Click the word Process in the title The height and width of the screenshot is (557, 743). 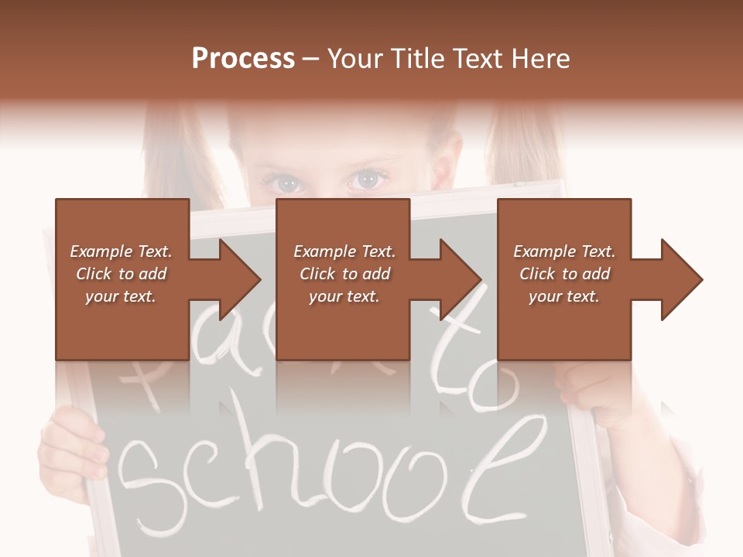[x=243, y=59]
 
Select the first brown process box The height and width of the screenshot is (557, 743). [x=122, y=279]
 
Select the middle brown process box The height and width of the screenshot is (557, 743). [x=343, y=279]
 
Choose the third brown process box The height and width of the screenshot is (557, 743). [x=563, y=279]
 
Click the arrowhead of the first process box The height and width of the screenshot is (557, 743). [x=236, y=279]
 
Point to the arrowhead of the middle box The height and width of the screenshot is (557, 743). [x=457, y=279]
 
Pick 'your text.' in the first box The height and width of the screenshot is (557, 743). [x=121, y=296]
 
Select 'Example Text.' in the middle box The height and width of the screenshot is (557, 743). [x=344, y=251]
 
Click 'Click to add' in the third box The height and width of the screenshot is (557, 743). [x=564, y=274]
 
